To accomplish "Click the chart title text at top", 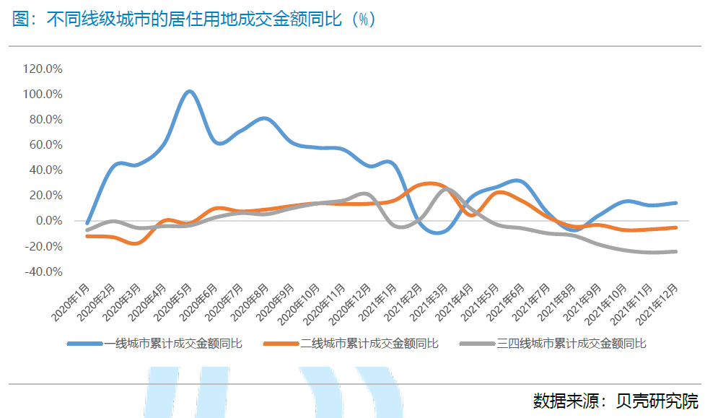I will pyautogui.click(x=193, y=19).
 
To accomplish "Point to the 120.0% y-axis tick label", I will pyautogui.click(x=43, y=69).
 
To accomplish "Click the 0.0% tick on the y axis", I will pyautogui.click(x=48, y=221).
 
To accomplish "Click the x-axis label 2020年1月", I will pyautogui.click(x=72, y=303).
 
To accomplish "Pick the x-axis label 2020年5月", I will pyautogui.click(x=174, y=303).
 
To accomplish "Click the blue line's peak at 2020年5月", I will pyautogui.click(x=189, y=92).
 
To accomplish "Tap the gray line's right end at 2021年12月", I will pyautogui.click(x=676, y=251).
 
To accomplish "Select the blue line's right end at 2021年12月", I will pyautogui.click(x=676, y=203).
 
